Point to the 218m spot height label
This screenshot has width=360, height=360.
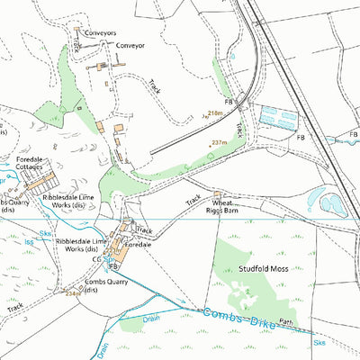(x=214, y=112)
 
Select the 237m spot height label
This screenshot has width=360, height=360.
(x=219, y=142)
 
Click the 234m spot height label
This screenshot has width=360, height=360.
(x=72, y=293)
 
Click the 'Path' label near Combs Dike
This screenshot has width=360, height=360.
(x=286, y=320)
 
